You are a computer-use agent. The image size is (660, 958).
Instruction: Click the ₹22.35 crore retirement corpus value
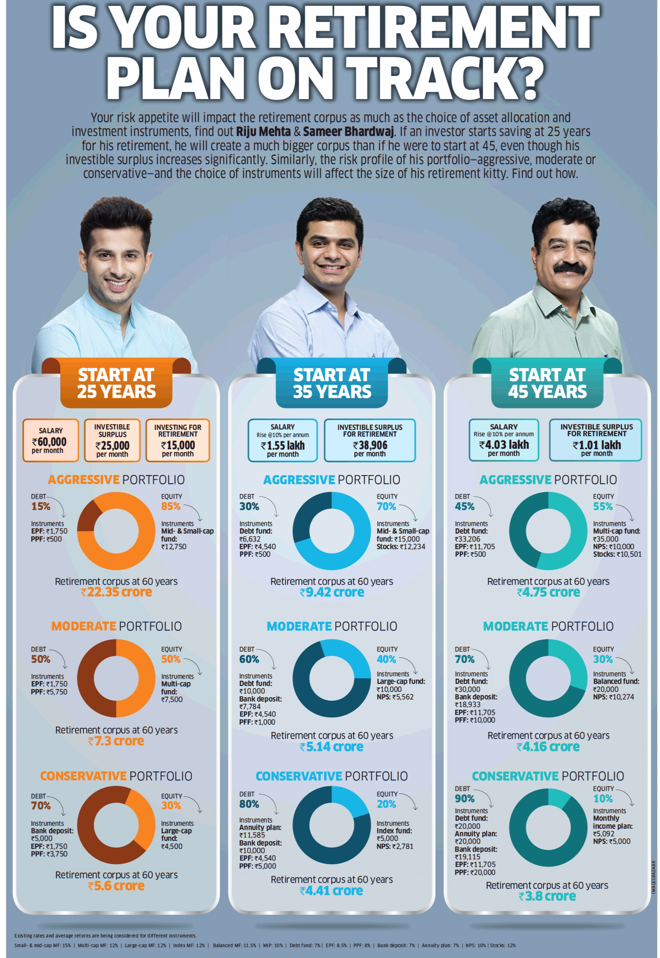pos(116,592)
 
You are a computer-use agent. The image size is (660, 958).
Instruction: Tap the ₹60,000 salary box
pos(50,440)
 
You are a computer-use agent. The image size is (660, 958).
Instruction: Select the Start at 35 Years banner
pos(331,383)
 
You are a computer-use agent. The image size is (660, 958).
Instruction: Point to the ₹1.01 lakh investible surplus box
pos(595,440)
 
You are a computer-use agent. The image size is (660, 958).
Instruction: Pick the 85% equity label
pos(171,506)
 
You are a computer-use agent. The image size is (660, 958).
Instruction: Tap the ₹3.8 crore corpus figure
pos(547,896)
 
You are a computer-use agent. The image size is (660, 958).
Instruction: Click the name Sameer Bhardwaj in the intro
pos(348,132)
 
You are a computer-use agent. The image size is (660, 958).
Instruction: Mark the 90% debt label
pos(464,798)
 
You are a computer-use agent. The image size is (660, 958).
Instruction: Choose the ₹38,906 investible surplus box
pos(370,440)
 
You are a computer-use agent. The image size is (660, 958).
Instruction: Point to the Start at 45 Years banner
pos(547,383)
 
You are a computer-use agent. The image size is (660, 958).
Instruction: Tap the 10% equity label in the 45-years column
pos(602,798)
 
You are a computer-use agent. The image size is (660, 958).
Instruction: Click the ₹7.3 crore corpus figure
pos(116,741)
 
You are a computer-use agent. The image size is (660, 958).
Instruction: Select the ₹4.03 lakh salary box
pos(504,440)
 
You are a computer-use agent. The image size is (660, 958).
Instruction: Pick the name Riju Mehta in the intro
pos(263,132)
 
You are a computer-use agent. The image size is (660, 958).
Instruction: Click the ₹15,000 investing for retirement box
pos(178,440)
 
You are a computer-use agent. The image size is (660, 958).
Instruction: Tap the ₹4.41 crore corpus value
pos(331,890)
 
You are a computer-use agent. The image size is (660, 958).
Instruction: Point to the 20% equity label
pos(386,804)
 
